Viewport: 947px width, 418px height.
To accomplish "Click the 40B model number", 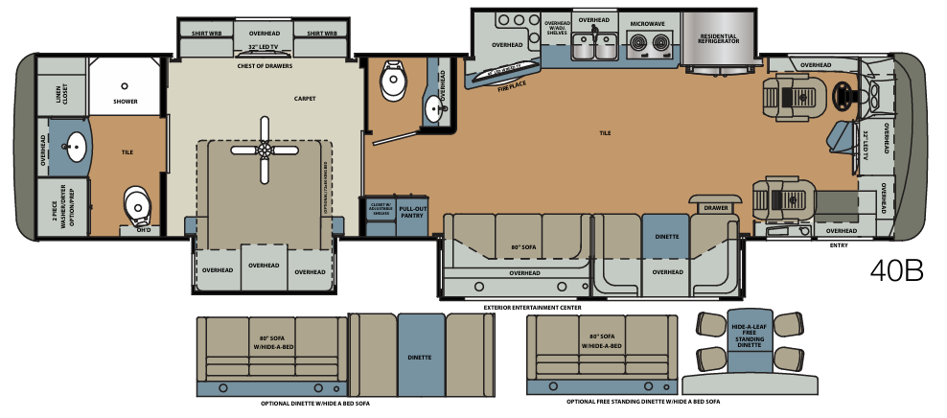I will (896, 270).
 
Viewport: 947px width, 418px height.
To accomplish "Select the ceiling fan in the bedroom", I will (264, 148).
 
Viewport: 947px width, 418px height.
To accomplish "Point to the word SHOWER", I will (126, 100).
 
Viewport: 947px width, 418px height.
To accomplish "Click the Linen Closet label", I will (59, 93).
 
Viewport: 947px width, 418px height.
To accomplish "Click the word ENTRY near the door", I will (839, 245).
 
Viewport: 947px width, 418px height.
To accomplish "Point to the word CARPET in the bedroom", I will (306, 98).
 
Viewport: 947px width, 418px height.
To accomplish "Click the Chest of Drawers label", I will (265, 66).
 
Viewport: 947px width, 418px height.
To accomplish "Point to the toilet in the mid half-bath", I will (393, 81).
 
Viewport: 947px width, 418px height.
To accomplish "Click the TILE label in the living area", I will (605, 132).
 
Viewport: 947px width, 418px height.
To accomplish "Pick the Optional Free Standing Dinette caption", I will (642, 402).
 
